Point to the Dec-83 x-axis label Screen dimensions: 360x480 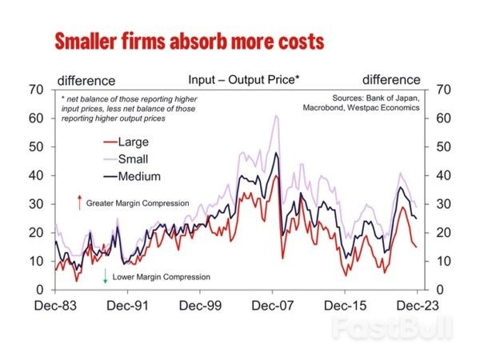click(x=55, y=305)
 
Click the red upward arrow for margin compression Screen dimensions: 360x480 click(x=80, y=203)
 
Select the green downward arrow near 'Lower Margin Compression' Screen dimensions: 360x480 click(x=106, y=277)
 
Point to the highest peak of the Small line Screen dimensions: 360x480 click(x=276, y=116)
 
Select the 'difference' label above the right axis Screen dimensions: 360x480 click(x=390, y=80)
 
